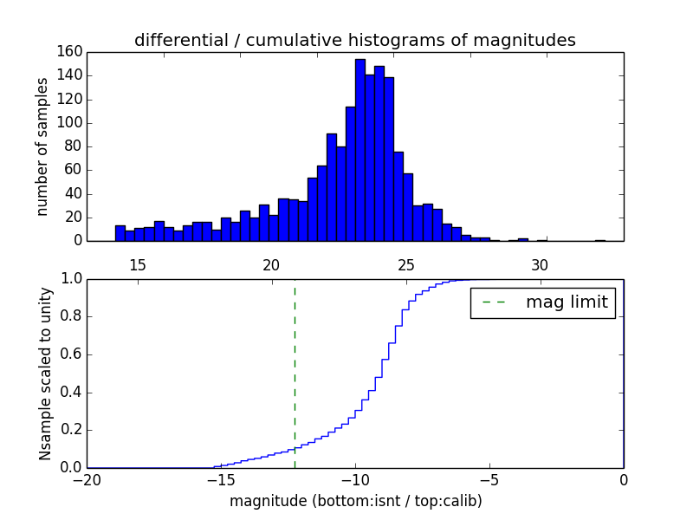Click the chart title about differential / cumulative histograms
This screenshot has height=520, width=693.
point(354,41)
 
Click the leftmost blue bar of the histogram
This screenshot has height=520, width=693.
point(120,233)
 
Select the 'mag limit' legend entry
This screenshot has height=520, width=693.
point(542,302)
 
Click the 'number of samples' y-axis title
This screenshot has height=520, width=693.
point(42,146)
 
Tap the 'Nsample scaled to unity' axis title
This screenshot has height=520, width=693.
point(45,374)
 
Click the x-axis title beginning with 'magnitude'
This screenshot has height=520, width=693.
point(355,501)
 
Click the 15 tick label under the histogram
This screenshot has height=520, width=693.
point(138,264)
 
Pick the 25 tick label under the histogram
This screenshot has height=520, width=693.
point(405,264)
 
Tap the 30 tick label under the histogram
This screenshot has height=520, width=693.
point(540,264)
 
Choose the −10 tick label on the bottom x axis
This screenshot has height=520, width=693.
point(354,480)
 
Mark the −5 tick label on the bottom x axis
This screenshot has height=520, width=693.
point(489,480)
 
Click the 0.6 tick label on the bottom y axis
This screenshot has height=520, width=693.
point(71,354)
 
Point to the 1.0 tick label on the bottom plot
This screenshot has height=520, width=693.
point(71,279)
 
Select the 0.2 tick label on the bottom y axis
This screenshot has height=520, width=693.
point(71,431)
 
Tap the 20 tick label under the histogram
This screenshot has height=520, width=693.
point(272,264)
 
